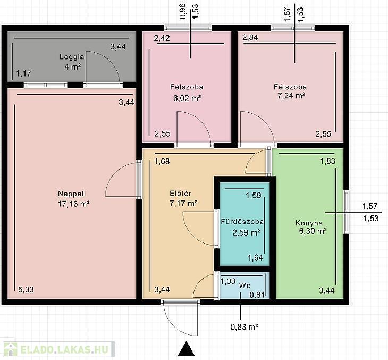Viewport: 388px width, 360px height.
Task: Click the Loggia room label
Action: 72,57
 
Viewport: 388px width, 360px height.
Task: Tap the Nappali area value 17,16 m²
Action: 73,204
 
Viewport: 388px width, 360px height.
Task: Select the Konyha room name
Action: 309,223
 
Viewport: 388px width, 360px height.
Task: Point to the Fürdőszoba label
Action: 242,222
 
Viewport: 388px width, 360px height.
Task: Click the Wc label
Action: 244,286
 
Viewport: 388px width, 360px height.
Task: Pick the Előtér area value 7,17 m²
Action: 183,204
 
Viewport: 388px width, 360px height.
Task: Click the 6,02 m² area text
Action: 187,98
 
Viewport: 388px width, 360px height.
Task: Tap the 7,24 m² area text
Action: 291,96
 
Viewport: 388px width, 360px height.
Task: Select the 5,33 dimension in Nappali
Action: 26,289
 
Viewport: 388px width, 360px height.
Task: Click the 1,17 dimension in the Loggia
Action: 24,73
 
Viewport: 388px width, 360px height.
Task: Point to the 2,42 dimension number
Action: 162,38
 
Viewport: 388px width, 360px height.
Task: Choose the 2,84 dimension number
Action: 250,37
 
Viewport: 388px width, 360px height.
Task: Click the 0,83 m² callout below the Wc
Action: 244,327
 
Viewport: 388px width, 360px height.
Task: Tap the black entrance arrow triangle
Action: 187,349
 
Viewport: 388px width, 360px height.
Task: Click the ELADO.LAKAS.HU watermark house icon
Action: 11,349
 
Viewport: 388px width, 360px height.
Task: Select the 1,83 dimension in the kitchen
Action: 328,161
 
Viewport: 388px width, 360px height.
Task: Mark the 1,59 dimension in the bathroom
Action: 254,195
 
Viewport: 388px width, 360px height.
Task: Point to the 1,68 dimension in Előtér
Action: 162,161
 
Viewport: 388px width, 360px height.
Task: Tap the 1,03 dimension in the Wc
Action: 228,281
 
